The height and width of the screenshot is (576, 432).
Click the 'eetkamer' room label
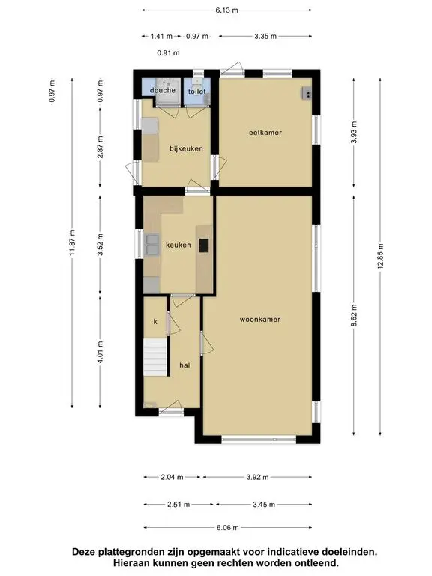tap(265, 133)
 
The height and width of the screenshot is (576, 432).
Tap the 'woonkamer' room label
tap(260, 319)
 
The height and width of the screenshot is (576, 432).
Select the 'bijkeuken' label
tap(186, 148)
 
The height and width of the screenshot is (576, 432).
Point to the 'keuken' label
tap(178, 244)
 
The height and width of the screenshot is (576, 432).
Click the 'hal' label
tap(184, 364)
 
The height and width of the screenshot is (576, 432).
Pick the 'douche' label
tap(163, 90)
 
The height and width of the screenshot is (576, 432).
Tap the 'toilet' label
tap(197, 91)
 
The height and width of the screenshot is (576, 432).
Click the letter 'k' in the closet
tap(155, 322)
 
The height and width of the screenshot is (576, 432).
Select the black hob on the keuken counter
tap(204, 245)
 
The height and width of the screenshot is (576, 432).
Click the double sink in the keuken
tap(152, 244)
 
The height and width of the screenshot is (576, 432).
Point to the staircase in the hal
tap(155, 357)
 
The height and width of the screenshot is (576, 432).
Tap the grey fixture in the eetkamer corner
tap(307, 93)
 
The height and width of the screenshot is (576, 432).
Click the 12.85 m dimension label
tap(380, 256)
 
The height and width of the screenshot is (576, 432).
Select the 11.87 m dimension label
tap(72, 242)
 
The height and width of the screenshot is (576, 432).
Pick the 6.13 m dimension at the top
tap(226, 10)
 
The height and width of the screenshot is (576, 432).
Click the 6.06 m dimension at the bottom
tap(228, 528)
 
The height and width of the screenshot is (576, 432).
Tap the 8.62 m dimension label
tap(354, 315)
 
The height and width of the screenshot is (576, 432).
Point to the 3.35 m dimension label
tap(265, 36)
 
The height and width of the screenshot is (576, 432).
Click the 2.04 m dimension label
tap(172, 478)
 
